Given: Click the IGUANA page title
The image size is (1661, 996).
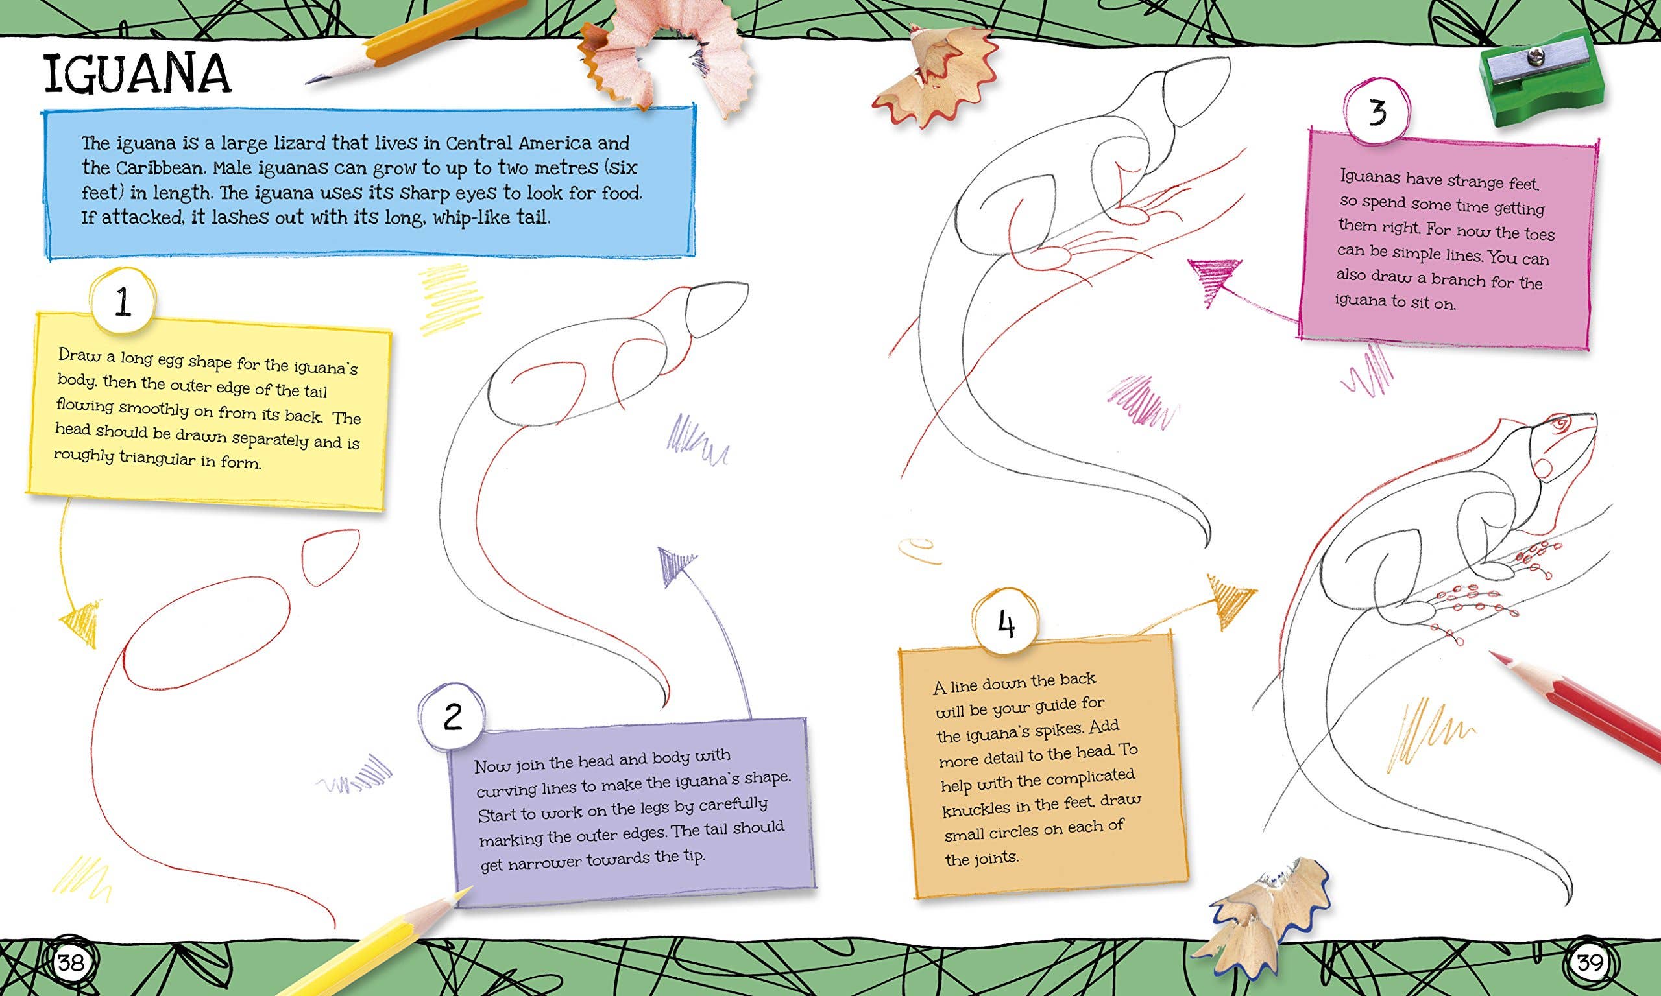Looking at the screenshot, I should coord(138,75).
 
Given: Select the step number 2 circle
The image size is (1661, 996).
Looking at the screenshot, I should coord(452,717).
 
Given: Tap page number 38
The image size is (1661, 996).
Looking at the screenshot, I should coord(71,964).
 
